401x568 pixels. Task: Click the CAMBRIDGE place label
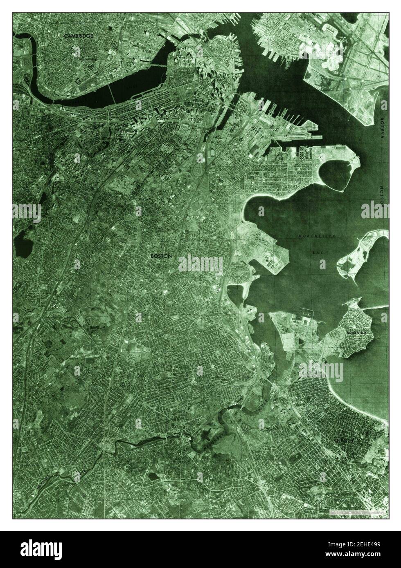pyautogui.click(x=79, y=36)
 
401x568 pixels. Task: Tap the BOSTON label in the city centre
pyautogui.click(x=162, y=256)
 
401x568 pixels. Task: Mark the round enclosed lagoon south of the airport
pyautogui.click(x=338, y=177)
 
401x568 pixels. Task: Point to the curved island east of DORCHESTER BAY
pyautogui.click(x=360, y=253)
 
